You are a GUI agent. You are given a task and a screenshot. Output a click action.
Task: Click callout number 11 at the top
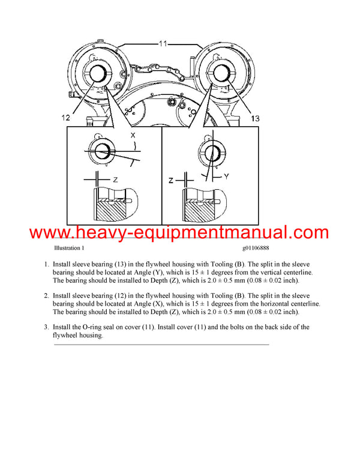[x=164, y=43]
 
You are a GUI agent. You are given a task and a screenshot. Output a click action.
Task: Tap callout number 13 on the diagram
[x=255, y=119]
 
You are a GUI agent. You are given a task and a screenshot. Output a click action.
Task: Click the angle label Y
[x=227, y=176]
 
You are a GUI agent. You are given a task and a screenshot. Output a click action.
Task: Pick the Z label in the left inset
[x=115, y=179]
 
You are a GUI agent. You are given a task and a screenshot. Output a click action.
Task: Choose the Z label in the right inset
[x=170, y=180]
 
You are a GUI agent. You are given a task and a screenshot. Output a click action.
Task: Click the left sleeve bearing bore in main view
[x=97, y=74]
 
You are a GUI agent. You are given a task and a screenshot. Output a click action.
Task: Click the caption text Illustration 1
[x=69, y=248]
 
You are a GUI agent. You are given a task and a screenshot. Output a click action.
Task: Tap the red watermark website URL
[x=179, y=232]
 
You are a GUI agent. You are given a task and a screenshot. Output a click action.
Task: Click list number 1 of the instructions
[x=46, y=264]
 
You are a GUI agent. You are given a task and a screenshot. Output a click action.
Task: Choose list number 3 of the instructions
[x=46, y=327]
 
